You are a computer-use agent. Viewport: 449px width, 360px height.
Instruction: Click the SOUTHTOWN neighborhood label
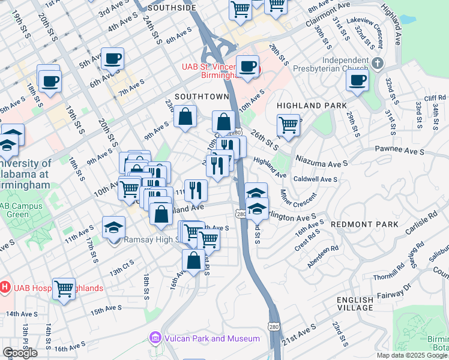click(202, 97)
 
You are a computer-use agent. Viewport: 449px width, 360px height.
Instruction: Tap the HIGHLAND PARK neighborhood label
click(312, 106)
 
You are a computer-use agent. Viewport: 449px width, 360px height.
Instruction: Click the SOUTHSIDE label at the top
click(171, 8)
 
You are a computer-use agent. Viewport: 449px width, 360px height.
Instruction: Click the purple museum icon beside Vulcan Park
click(155, 338)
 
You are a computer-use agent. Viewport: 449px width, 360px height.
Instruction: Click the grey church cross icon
click(377, 62)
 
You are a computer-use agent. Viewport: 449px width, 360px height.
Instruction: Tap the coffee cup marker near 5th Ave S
click(112, 59)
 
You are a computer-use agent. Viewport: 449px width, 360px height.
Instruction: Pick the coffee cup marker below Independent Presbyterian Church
click(358, 80)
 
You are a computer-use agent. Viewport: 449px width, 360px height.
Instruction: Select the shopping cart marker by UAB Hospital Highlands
click(64, 288)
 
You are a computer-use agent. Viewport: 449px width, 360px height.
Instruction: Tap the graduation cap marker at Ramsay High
click(113, 227)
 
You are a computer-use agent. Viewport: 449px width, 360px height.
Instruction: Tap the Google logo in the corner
click(20, 353)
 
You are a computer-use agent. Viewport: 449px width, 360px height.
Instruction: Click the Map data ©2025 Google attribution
click(412, 355)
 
